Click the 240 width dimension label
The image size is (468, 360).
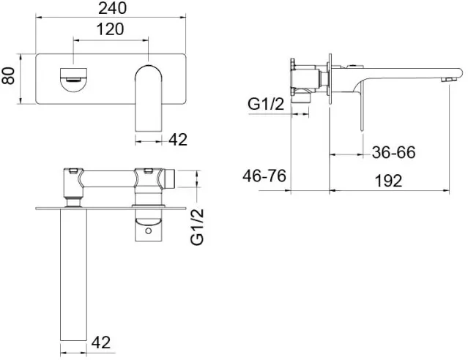click(112, 8)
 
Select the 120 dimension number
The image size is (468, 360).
click(110, 29)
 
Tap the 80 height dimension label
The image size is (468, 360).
click(8, 76)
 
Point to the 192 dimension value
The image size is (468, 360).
click(388, 181)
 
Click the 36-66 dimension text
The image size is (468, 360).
click(394, 152)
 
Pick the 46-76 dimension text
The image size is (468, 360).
click(264, 176)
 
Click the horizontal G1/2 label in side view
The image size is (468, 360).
click(266, 104)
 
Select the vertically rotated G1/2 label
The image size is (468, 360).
click(197, 227)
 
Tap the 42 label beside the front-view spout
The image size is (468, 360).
click(178, 139)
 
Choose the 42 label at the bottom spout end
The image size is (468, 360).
click(101, 342)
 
